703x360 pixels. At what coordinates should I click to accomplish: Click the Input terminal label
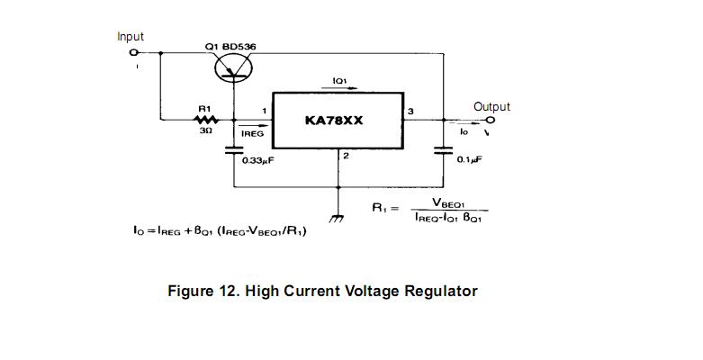point(131,37)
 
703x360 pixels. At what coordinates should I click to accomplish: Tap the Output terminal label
point(491,107)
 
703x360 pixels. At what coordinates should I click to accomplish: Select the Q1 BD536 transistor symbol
point(233,65)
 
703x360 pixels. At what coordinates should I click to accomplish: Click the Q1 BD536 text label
point(236,45)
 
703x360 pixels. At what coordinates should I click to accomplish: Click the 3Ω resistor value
point(205,130)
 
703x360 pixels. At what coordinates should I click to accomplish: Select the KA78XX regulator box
point(336,120)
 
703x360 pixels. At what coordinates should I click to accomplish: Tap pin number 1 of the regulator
point(265,111)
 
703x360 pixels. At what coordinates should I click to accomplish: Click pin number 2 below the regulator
point(346,157)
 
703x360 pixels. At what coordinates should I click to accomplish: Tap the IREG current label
point(253,133)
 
